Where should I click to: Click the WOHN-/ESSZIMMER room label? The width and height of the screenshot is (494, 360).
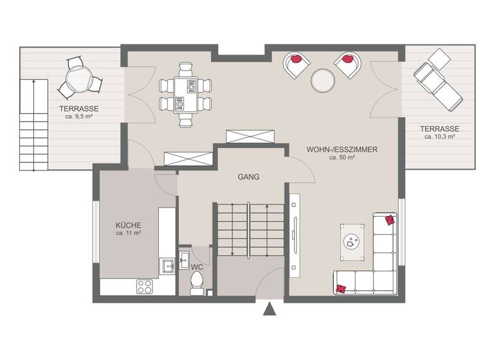click(x=342, y=149)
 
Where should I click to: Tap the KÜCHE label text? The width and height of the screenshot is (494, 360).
click(x=128, y=225)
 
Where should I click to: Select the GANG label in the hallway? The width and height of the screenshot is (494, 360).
click(x=248, y=177)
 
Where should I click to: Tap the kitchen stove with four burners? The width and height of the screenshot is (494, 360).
click(x=145, y=287)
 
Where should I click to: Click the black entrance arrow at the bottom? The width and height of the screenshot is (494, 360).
click(x=270, y=310)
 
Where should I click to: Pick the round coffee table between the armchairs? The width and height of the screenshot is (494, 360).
click(x=323, y=80)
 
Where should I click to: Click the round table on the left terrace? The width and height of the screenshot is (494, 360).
click(x=78, y=80)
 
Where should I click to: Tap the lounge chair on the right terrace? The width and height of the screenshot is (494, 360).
click(x=437, y=79)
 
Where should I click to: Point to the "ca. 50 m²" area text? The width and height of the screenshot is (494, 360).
click(x=342, y=157)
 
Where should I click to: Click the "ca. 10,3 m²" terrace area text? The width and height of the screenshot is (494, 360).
click(x=441, y=136)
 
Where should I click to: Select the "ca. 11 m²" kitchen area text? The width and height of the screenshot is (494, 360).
click(x=128, y=233)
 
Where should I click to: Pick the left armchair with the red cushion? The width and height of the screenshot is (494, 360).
click(x=296, y=64)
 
